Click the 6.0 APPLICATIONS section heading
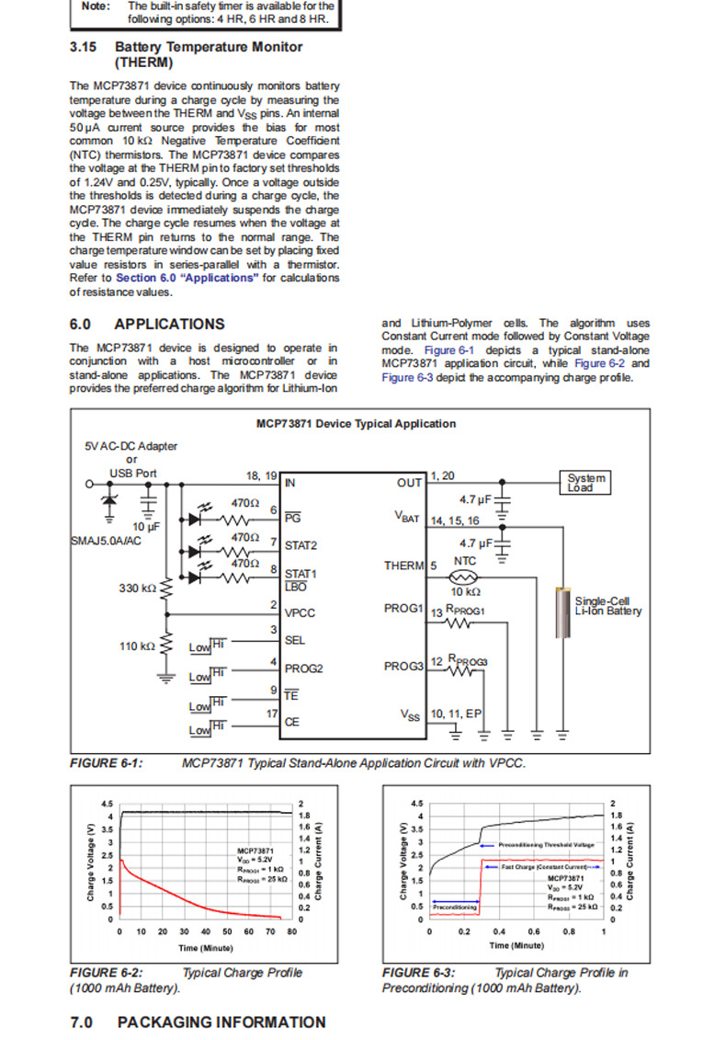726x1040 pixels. (x=147, y=324)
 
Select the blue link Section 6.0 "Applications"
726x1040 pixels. (x=187, y=277)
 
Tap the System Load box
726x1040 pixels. (x=586, y=483)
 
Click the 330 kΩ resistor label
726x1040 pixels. (x=137, y=587)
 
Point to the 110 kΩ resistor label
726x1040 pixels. (x=137, y=646)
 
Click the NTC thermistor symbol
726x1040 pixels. (x=465, y=577)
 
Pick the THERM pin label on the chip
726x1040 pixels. (x=404, y=566)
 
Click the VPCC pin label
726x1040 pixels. (x=301, y=611)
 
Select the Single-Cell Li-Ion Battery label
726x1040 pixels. (x=607, y=606)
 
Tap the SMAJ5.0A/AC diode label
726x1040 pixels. (x=107, y=542)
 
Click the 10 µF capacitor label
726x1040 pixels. (x=147, y=526)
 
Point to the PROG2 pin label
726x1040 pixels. (x=303, y=669)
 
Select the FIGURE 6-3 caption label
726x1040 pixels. (x=418, y=972)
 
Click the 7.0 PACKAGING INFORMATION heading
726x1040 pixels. (x=198, y=1022)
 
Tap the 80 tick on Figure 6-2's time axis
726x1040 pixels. (x=291, y=931)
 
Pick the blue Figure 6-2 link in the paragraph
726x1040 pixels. (x=596, y=364)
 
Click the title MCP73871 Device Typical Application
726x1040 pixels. (x=356, y=424)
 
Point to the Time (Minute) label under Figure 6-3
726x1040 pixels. (x=516, y=945)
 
